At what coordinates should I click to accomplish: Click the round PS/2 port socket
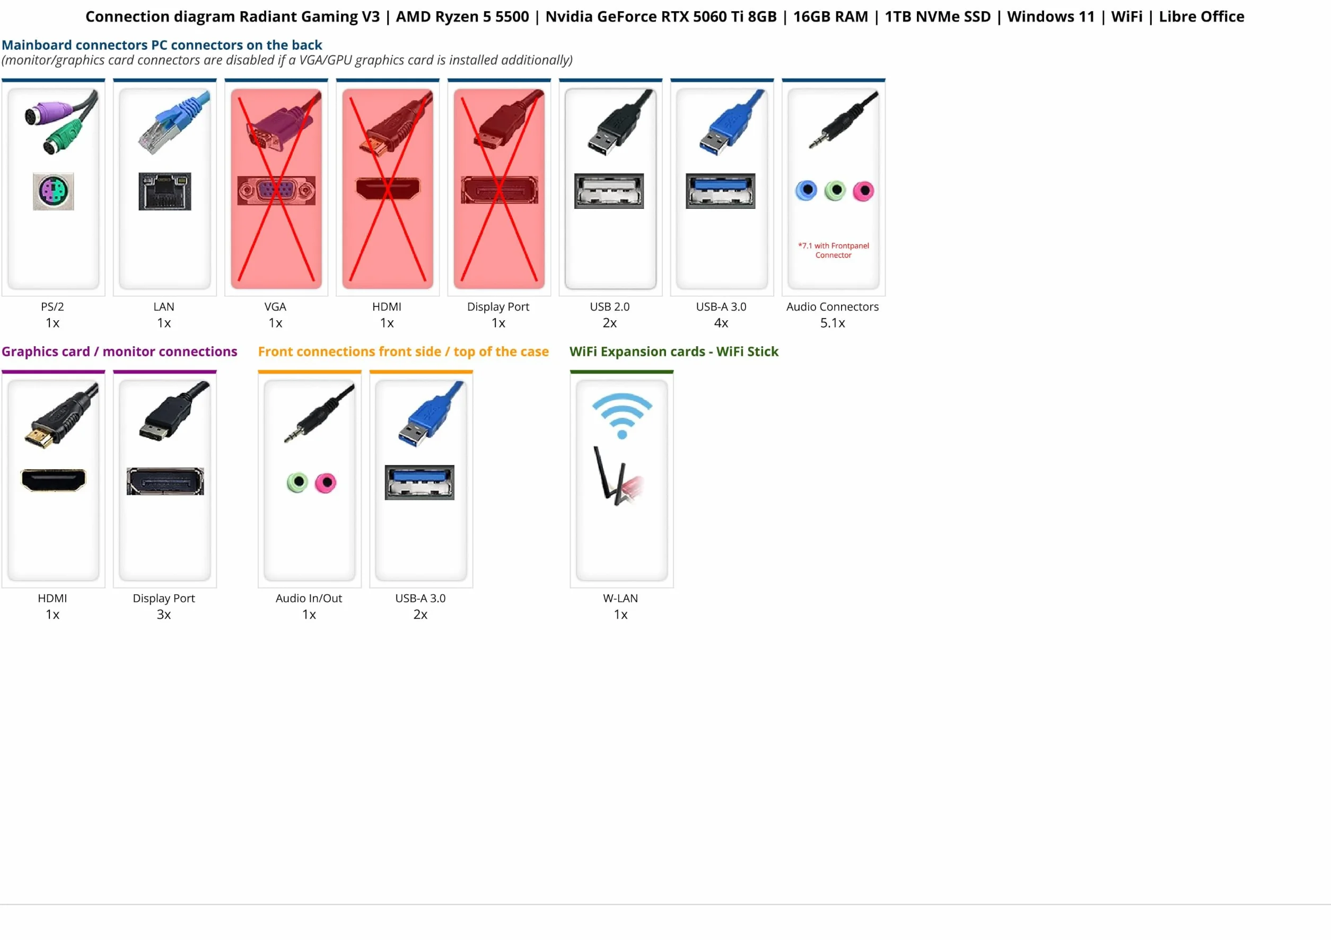[x=54, y=191]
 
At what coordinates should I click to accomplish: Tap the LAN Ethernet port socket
[x=164, y=191]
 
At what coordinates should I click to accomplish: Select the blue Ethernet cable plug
[x=174, y=122]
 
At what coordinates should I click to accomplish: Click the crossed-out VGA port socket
[x=276, y=190]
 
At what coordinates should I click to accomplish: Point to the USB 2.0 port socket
[x=609, y=191]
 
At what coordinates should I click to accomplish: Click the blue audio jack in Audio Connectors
[x=807, y=190]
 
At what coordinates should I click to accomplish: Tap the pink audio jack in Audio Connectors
[x=863, y=191]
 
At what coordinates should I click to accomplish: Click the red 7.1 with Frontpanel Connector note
[x=834, y=250]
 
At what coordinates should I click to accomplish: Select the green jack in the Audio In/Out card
[x=297, y=482]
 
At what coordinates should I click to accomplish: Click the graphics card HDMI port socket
[x=54, y=480]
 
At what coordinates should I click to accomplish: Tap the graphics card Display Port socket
[x=165, y=481]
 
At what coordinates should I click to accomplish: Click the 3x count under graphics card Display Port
[x=164, y=614]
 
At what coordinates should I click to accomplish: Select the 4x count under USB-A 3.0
[x=721, y=323]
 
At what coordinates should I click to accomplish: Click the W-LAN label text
[x=620, y=598]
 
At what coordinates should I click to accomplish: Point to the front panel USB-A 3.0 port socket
[x=419, y=482]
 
